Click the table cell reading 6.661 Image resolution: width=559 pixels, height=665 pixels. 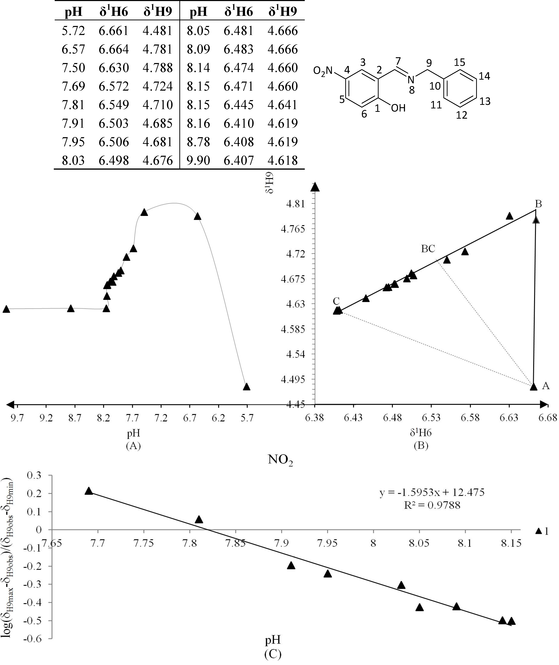point(113,31)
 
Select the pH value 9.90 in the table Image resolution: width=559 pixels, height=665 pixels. point(198,160)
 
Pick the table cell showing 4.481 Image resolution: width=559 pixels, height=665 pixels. point(157,31)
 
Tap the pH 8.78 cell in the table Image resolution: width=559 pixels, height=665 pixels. point(198,142)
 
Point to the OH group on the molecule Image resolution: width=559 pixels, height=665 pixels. point(398,108)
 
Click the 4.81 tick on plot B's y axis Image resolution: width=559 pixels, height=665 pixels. point(295,204)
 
